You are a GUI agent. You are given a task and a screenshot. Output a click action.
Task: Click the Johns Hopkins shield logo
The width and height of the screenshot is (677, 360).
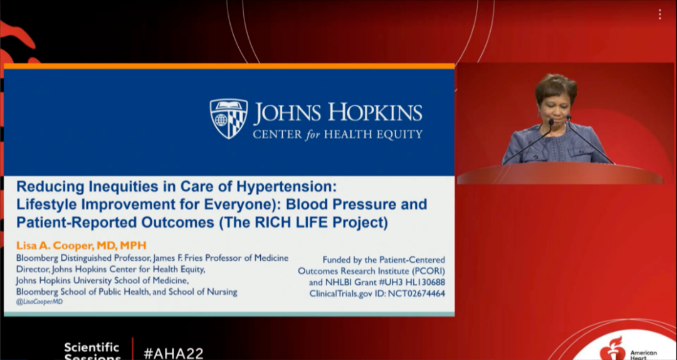(x=229, y=119)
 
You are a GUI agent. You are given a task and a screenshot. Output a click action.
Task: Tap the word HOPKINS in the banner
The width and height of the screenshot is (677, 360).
(x=375, y=112)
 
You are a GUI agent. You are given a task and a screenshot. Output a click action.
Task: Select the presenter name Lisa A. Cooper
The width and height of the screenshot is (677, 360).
(x=55, y=245)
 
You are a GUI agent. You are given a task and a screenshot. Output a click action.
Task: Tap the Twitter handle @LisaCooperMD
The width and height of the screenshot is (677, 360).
(x=39, y=302)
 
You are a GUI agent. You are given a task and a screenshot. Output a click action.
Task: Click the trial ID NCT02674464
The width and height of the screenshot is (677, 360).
(x=416, y=294)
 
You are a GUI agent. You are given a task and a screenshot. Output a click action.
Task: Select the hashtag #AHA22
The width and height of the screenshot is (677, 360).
(x=174, y=353)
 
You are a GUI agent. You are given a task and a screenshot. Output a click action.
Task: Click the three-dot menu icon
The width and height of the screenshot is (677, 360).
(x=659, y=14)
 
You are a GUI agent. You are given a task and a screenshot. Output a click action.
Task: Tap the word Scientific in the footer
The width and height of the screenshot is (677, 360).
(x=92, y=347)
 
